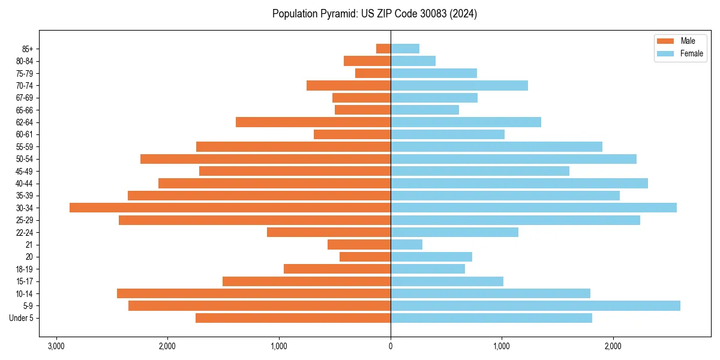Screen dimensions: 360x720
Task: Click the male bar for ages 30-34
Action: tap(230, 208)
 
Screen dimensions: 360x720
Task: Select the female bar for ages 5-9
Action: tap(535, 305)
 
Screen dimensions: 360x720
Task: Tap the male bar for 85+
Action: tap(383, 49)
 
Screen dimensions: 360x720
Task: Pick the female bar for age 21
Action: tap(406, 244)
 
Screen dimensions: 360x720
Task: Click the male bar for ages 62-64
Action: tap(313, 122)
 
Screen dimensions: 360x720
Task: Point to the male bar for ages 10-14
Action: tap(254, 293)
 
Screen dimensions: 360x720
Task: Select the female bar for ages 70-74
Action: tap(459, 85)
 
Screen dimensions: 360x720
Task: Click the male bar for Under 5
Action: tap(293, 318)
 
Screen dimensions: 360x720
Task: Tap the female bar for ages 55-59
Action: tap(496, 146)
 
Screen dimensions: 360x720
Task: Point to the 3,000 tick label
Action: tap(56, 346)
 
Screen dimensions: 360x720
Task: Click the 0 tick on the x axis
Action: tap(391, 346)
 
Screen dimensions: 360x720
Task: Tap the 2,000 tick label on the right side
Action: tap(613, 346)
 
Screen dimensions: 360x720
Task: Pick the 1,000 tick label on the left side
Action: tap(279, 346)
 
